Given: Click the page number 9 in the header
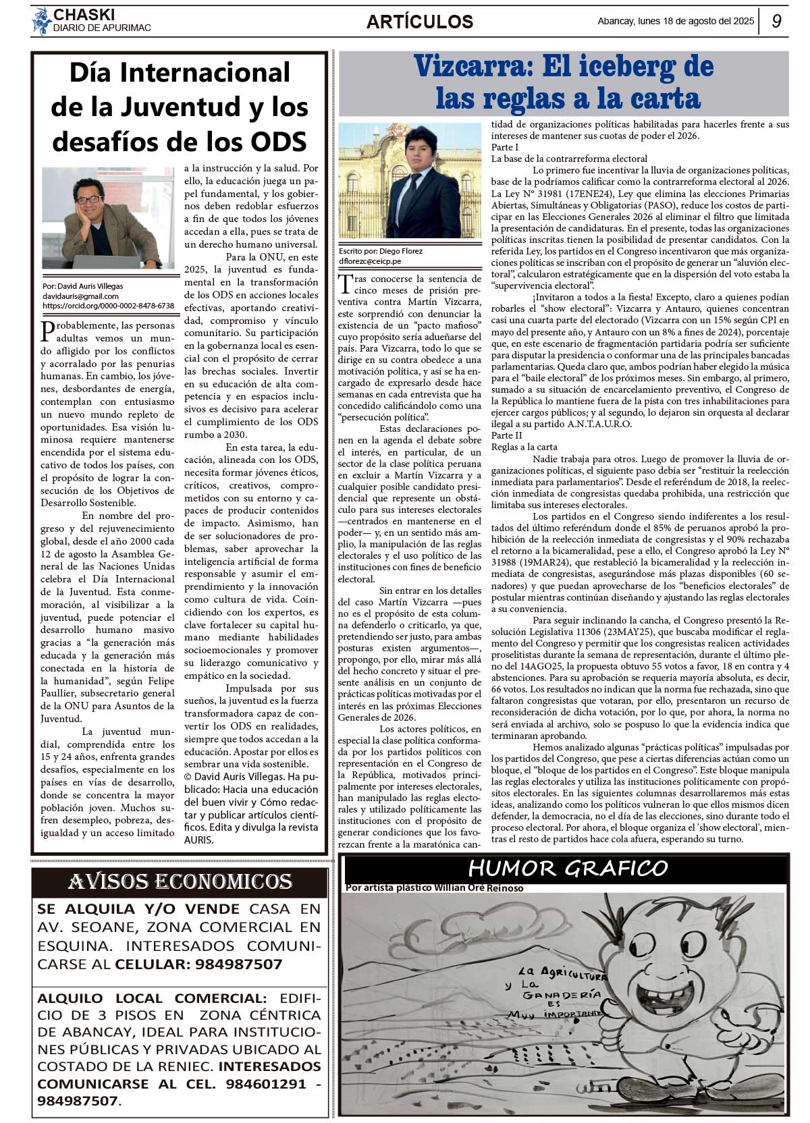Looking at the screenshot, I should tap(776, 21).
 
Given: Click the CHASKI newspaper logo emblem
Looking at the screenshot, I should tap(41, 21).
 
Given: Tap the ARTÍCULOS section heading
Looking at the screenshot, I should tap(419, 22).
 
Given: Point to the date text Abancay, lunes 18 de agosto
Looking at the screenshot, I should tap(675, 21).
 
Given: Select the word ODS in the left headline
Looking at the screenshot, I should tap(279, 142).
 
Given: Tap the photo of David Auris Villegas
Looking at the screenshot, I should tap(108, 218).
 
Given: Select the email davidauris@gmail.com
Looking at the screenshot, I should tap(80, 296).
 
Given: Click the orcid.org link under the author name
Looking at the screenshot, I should tap(108, 306).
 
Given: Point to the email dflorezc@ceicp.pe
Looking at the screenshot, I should tap(370, 261).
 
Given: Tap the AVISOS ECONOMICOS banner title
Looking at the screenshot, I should tap(180, 881).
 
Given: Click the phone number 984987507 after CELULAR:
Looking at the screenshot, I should tap(238, 964).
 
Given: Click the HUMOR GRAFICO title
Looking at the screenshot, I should tap(568, 868).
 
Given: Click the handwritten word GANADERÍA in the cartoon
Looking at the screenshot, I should tap(562, 994).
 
